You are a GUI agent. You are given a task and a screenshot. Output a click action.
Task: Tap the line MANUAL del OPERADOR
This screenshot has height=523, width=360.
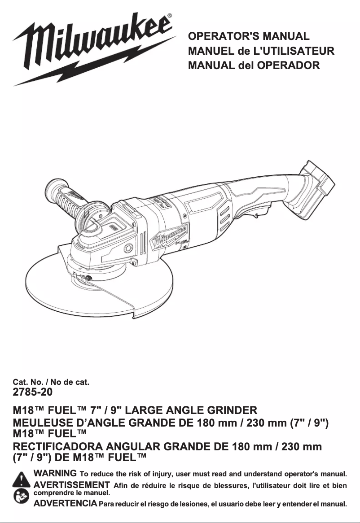click(254, 65)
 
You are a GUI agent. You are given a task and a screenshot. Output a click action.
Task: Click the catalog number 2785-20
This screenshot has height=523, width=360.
click(33, 392)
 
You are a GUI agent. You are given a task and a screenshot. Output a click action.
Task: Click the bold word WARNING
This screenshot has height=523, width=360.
click(55, 473)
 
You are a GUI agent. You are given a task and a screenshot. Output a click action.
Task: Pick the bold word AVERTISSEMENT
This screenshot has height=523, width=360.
click(72, 484)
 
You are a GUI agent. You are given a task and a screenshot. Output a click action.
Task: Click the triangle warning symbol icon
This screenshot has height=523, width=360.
click(22, 479)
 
